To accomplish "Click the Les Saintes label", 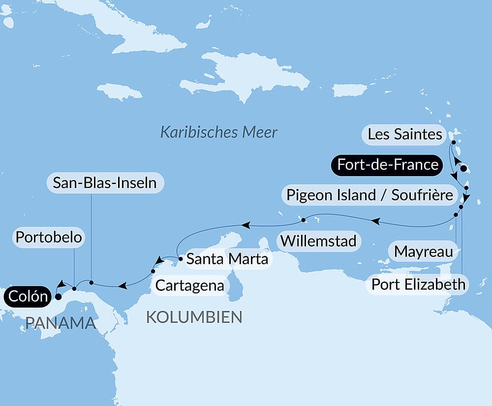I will click(404, 134).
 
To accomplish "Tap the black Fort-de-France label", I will click(386, 164).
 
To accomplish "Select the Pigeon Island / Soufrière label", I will click(369, 195).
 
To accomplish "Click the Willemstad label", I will click(319, 242).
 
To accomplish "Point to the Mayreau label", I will click(423, 252).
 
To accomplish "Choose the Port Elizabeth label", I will click(418, 284).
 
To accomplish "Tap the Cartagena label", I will click(189, 285).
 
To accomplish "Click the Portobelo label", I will click(48, 237).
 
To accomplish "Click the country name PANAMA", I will click(60, 323).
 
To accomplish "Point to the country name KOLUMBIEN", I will click(194, 317).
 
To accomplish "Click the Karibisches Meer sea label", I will click(219, 132).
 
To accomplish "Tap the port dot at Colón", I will click(58, 297).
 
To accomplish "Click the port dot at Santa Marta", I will click(181, 257).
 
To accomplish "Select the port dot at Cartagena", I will click(153, 271).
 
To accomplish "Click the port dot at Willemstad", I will click(304, 219).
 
